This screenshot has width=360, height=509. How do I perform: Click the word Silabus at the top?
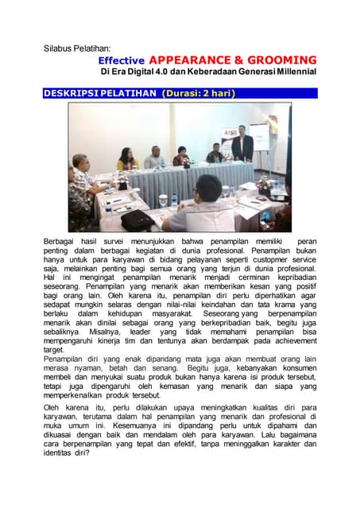coord(58,49)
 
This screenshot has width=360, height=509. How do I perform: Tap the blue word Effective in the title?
coord(122,60)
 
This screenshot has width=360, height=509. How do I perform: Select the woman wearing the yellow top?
coord(127,160)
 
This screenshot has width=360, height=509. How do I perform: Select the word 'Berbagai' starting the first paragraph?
coord(61,241)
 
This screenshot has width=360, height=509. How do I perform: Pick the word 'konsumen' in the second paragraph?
coord(293,370)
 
